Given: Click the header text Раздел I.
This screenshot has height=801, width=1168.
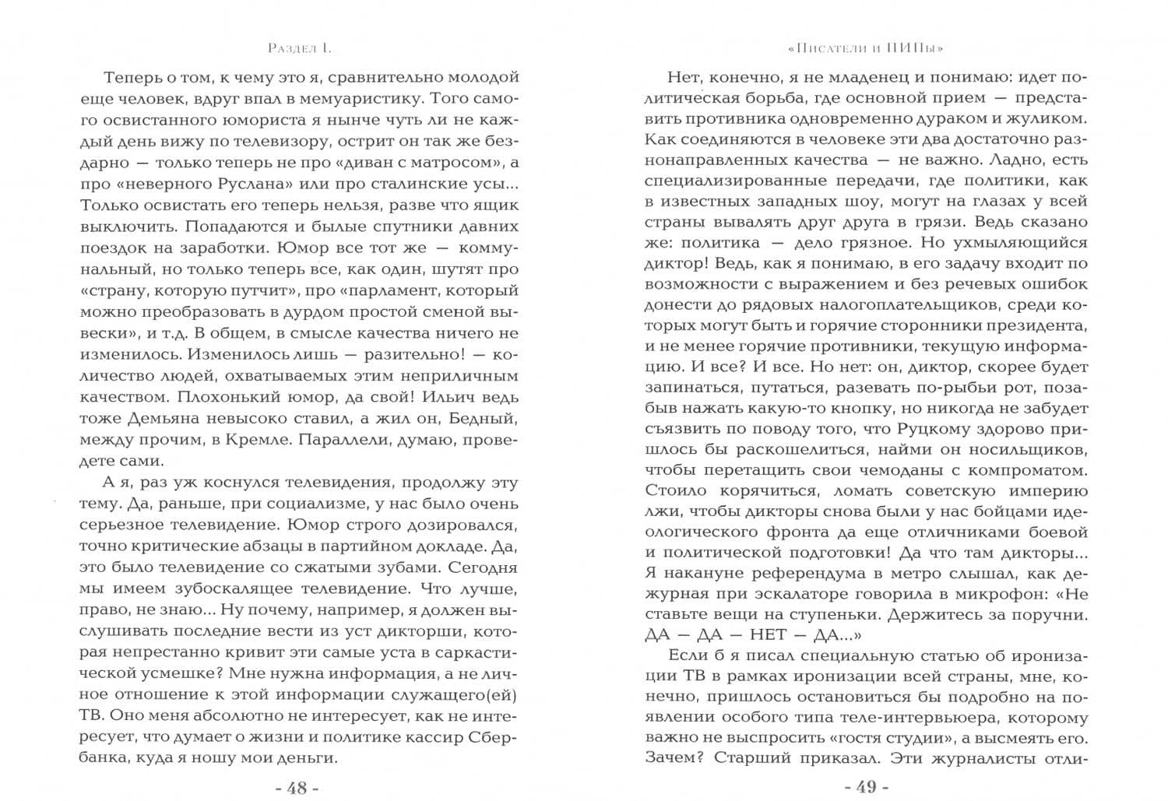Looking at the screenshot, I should click(299, 48).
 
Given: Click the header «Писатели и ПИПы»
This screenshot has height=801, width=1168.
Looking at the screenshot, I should click(865, 48).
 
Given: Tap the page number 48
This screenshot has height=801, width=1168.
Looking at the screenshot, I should click(297, 787).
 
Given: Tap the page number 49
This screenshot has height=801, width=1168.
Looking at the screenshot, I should click(866, 787).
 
